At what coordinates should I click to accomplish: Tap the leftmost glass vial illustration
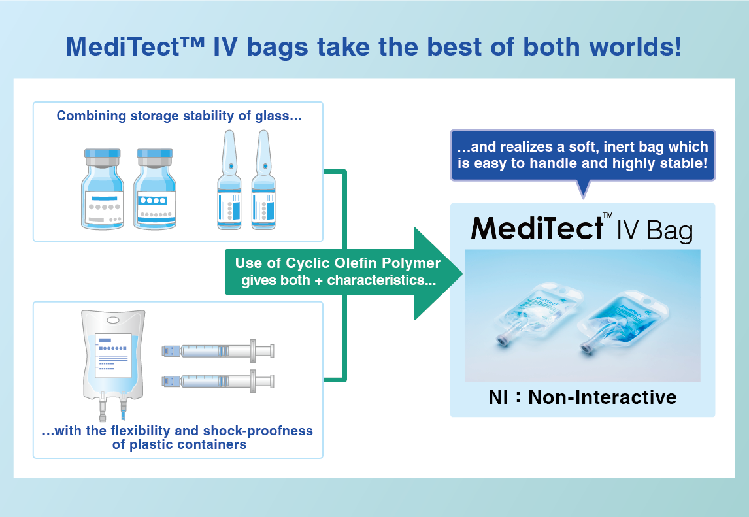click(103, 189)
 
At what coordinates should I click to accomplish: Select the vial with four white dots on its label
click(155, 189)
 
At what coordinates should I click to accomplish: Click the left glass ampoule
click(229, 180)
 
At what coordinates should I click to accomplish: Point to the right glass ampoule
click(263, 180)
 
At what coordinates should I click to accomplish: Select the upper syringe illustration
click(218, 351)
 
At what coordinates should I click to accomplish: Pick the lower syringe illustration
click(218, 381)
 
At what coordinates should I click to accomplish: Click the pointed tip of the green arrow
click(462, 274)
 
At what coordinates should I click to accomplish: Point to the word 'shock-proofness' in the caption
click(258, 431)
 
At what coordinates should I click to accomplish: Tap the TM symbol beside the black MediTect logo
click(608, 215)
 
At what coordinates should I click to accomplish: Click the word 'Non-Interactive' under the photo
click(603, 397)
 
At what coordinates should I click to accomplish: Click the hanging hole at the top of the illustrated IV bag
click(113, 320)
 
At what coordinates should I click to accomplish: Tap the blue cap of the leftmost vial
click(102, 154)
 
